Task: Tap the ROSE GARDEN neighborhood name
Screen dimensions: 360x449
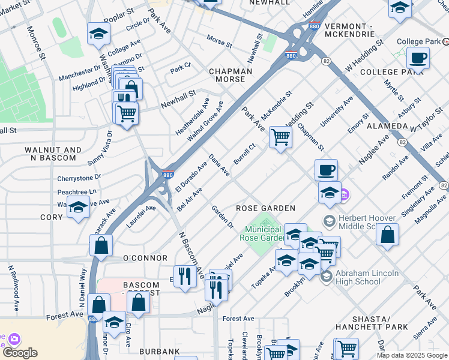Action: pyautogui.click(x=265, y=208)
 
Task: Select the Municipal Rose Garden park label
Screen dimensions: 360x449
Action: pyautogui.click(x=263, y=233)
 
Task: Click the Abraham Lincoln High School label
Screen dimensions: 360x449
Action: pyautogui.click(x=367, y=278)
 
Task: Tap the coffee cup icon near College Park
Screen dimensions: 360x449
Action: pyautogui.click(x=417, y=59)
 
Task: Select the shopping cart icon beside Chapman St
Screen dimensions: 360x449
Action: pyautogui.click(x=280, y=137)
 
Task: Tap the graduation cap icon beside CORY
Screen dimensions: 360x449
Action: pyautogui.click(x=77, y=208)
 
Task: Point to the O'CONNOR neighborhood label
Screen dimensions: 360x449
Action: pyautogui.click(x=145, y=258)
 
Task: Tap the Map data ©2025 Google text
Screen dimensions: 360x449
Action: pyautogui.click(x=412, y=355)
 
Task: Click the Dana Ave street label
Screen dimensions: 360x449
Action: pyautogui.click(x=218, y=165)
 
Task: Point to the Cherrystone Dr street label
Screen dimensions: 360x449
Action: pyautogui.click(x=79, y=178)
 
